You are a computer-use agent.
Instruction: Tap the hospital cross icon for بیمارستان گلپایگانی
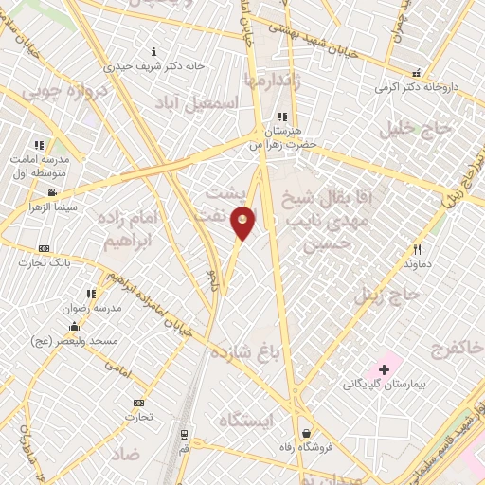tap(386, 368)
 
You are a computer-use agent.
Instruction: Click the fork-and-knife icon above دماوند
tap(416, 249)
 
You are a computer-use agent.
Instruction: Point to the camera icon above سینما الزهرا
tap(51, 191)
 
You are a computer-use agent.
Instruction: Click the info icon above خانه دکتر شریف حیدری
tap(155, 50)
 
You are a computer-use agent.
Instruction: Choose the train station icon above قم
tap(184, 433)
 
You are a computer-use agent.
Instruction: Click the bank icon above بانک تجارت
tap(43, 247)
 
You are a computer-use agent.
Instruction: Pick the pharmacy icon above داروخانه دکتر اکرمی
tap(415, 74)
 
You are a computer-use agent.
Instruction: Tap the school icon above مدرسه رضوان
tap(92, 295)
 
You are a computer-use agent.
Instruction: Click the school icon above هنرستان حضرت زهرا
tap(281, 117)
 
